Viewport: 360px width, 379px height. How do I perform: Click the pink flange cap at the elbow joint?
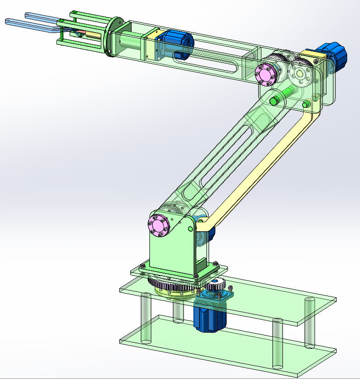click(266, 75)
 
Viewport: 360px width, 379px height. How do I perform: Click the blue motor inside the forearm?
click(177, 44)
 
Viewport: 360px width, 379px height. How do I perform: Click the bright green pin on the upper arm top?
click(275, 100)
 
